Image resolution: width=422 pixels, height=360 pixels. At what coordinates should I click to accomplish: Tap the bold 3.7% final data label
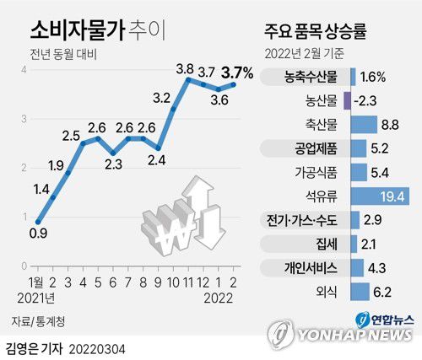[x=236, y=74]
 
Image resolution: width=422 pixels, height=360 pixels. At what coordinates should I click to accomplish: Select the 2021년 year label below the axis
[x=35, y=297]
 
